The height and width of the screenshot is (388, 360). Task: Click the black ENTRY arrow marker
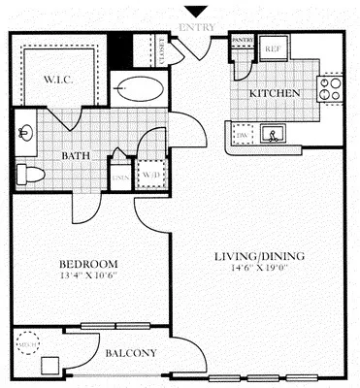(199, 12)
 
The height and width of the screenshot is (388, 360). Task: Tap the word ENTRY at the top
(199, 29)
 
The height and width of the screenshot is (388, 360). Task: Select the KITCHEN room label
(277, 94)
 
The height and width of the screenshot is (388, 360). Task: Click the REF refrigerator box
(274, 48)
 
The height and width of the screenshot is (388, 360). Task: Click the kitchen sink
(275, 134)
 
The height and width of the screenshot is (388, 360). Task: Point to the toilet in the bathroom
(32, 174)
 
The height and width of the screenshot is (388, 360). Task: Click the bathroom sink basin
(26, 132)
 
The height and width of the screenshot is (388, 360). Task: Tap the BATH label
(77, 156)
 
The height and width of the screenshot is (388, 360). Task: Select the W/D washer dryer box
(150, 174)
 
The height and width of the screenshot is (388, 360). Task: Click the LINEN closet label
(119, 176)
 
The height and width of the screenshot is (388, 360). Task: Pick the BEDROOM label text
(88, 264)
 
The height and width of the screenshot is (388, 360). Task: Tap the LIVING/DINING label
(259, 256)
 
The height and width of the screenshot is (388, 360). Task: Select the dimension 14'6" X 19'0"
(259, 269)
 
